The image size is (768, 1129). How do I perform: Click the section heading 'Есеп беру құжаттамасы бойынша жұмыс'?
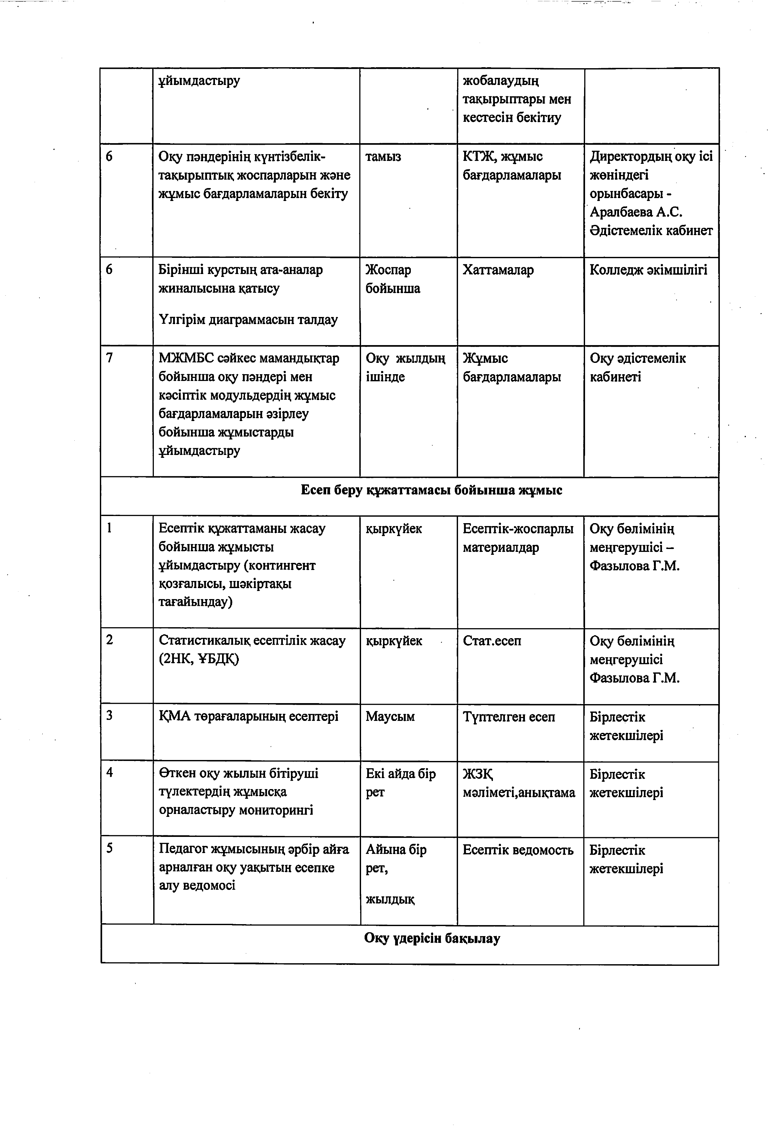click(431, 490)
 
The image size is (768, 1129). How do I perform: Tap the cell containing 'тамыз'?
click(383, 157)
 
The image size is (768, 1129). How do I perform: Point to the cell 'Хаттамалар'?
click(498, 270)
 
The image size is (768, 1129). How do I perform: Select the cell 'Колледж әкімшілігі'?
click(648, 270)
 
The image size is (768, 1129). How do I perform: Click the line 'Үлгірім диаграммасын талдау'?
click(248, 320)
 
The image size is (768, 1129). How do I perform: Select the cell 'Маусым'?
click(390, 717)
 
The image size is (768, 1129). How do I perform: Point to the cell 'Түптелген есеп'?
click(508, 717)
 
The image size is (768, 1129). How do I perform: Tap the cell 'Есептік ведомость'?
click(518, 850)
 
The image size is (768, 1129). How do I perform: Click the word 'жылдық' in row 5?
click(390, 899)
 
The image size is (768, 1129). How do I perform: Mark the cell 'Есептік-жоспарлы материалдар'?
click(518, 538)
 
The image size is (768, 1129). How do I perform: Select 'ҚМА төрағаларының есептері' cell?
click(248, 717)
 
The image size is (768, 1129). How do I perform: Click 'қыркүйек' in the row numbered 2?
click(394, 641)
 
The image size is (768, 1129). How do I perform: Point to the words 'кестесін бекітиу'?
click(511, 118)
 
